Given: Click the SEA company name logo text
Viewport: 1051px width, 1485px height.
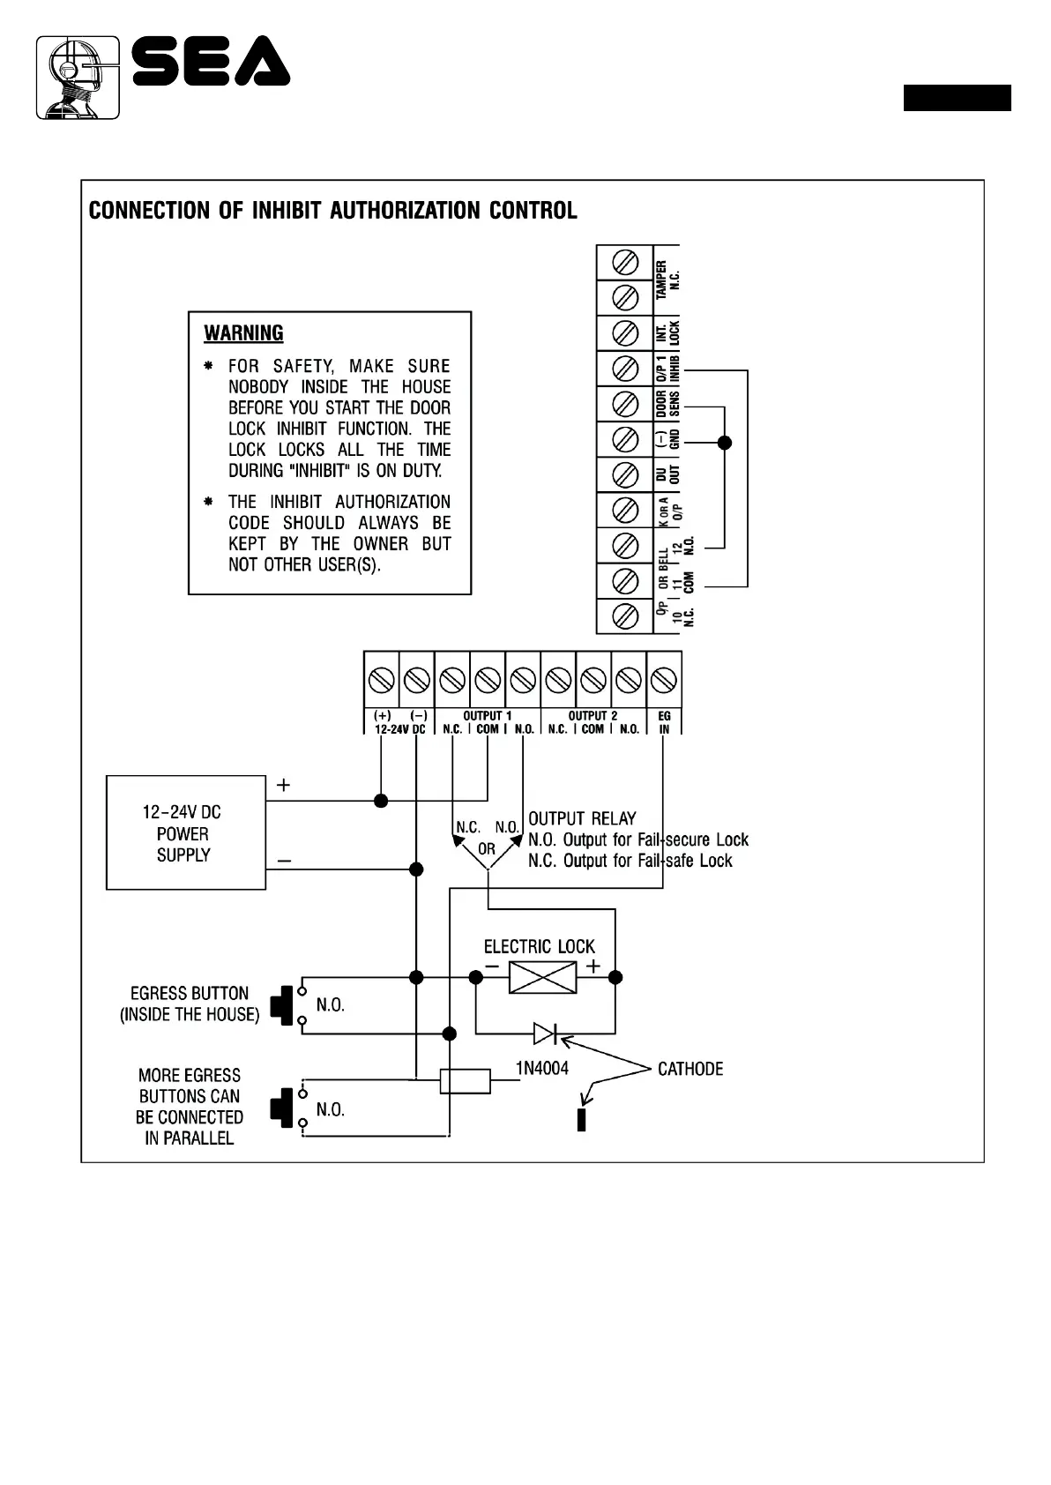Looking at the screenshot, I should tap(212, 62).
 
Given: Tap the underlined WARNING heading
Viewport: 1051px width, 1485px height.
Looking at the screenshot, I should tap(243, 333).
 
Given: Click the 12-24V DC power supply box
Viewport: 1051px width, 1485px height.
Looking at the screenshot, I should tap(185, 832).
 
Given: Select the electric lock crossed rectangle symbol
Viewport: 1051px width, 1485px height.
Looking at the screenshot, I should tap(542, 977).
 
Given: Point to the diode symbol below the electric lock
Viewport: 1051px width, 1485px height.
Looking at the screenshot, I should tap(545, 1033).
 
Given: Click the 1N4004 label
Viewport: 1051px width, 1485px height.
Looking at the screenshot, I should tap(542, 1069).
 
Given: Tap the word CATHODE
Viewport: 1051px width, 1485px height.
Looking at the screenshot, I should tap(690, 1069).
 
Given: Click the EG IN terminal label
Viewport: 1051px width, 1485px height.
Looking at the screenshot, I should tap(664, 723).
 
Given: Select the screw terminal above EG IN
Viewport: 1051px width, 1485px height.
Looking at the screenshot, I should tap(664, 680).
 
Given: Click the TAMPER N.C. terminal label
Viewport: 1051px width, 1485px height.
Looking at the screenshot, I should tap(667, 280).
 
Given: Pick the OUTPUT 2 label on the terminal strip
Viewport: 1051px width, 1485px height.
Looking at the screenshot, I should tap(593, 716).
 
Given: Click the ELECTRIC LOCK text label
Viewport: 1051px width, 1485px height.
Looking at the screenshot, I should tap(539, 947).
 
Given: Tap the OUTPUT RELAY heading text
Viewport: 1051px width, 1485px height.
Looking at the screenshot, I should tap(582, 818).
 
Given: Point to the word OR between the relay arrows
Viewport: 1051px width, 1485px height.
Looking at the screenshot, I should tap(487, 849).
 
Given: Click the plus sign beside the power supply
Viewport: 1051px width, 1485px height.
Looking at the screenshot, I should tap(283, 785).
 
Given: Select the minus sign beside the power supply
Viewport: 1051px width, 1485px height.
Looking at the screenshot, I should tap(285, 860).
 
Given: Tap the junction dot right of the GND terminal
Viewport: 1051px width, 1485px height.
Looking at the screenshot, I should tap(725, 443).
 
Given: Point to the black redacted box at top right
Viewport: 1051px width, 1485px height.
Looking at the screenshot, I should tap(957, 98).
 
